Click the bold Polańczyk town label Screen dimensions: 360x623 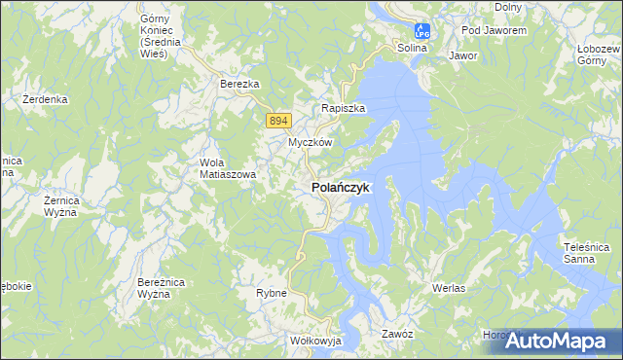tap(340, 188)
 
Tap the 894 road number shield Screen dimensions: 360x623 tap(278, 120)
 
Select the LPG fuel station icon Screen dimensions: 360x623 tap(421, 31)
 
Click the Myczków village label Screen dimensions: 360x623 tap(311, 142)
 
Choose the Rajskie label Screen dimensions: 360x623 tap(344, 109)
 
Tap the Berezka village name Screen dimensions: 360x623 tap(239, 85)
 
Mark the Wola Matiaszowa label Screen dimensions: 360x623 tap(227, 168)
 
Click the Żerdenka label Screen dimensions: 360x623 tap(45, 99)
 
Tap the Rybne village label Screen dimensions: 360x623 tap(271, 293)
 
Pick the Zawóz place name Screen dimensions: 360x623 tap(397, 334)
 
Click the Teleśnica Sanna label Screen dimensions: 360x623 tap(586, 253)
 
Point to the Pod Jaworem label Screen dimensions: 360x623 tap(494, 31)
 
